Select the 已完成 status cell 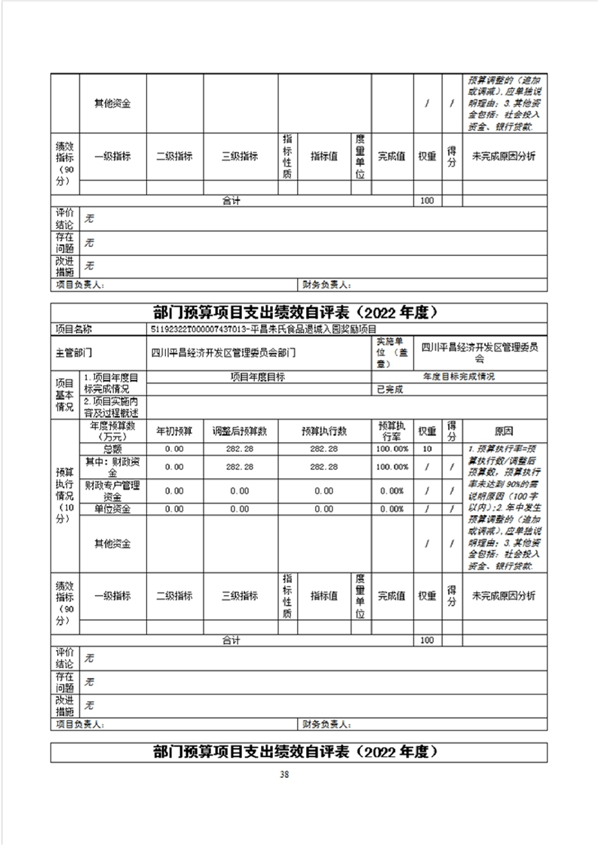coord(391,389)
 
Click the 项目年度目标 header coord(261,377)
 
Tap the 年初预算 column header coord(174,432)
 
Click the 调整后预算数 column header coord(240,432)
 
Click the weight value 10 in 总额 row coord(427,449)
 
